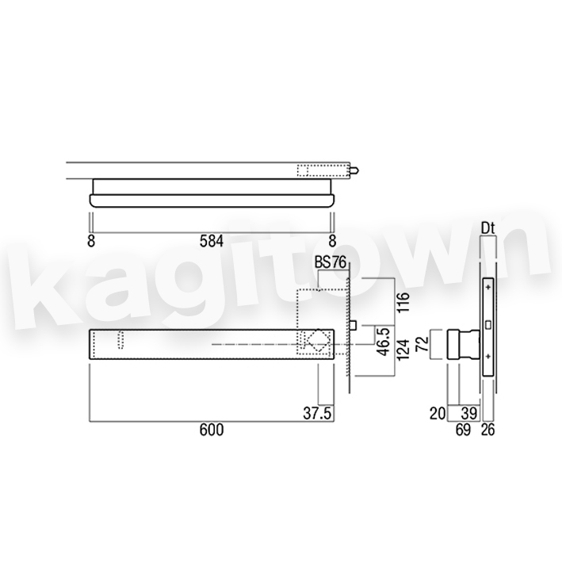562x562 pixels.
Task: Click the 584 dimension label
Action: [212, 241]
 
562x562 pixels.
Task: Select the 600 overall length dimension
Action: [212, 430]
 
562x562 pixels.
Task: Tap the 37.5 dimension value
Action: [317, 413]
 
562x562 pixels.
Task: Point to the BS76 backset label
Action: [331, 262]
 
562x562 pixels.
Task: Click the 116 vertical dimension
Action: [403, 302]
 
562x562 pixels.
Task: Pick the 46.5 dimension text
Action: [384, 342]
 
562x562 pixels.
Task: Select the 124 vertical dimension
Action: [403, 350]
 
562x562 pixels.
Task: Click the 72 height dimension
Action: [423, 343]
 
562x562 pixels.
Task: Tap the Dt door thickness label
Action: [487, 228]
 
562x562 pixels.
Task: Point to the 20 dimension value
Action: [438, 413]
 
